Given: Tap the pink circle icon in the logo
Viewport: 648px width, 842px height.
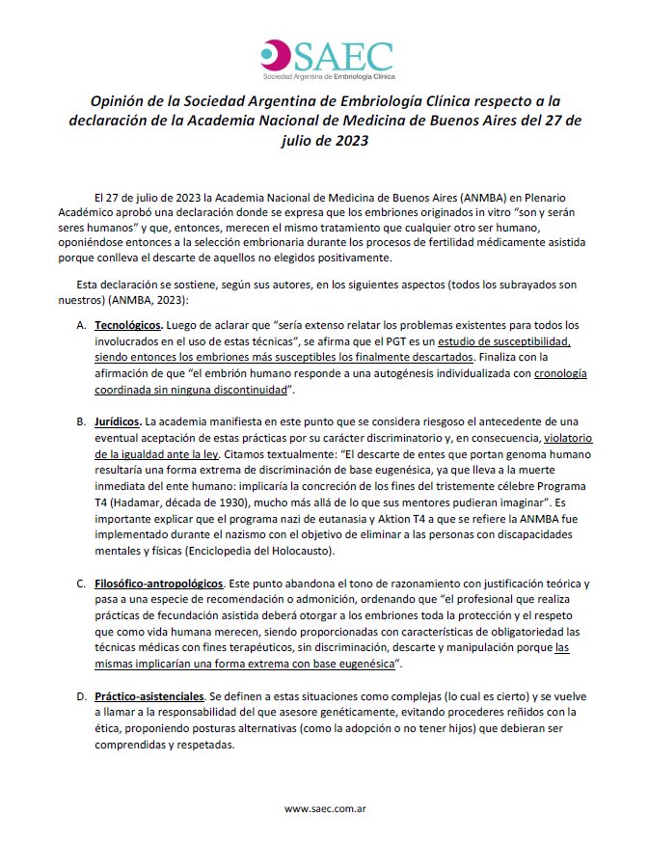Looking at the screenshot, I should [278, 54].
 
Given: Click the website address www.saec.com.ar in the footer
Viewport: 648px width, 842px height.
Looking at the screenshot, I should [324, 807].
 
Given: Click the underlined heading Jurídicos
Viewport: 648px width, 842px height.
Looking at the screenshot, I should [116, 421].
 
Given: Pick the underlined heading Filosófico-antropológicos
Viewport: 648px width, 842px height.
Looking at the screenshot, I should [159, 584].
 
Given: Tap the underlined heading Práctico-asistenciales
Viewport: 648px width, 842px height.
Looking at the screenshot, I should [148, 695].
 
